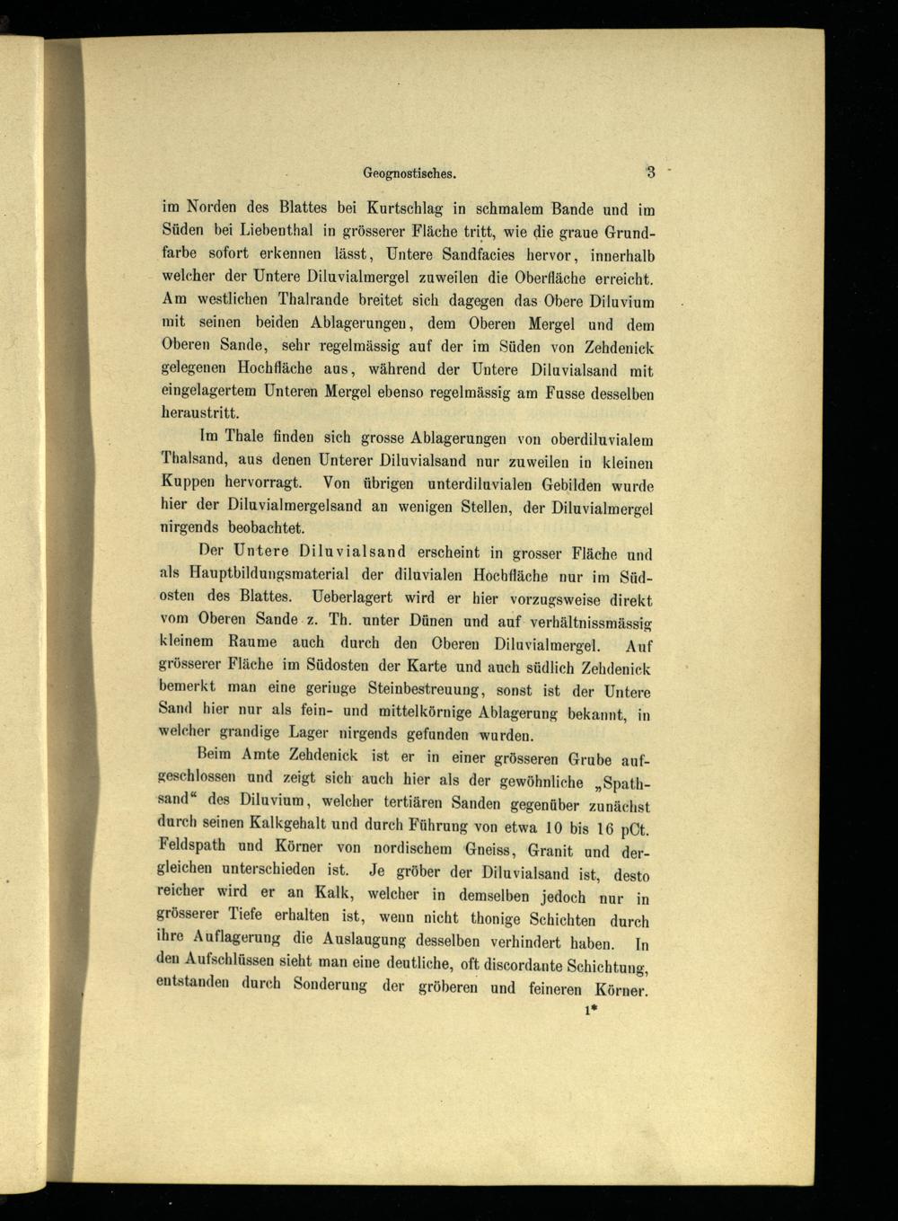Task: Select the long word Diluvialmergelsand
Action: [295, 506]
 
